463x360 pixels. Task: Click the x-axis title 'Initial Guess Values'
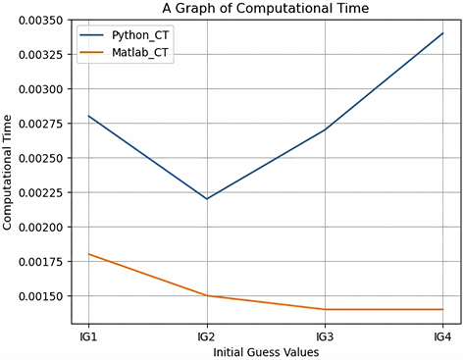click(265, 349)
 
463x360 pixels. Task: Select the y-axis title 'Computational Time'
click(9, 171)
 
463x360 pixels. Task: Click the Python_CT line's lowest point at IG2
click(207, 199)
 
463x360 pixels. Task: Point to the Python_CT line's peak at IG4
click(442, 33)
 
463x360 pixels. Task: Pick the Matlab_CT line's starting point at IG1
click(89, 254)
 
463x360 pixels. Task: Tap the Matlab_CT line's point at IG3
click(325, 309)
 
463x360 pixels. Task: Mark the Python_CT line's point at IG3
click(325, 129)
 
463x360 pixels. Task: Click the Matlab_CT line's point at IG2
click(207, 295)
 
